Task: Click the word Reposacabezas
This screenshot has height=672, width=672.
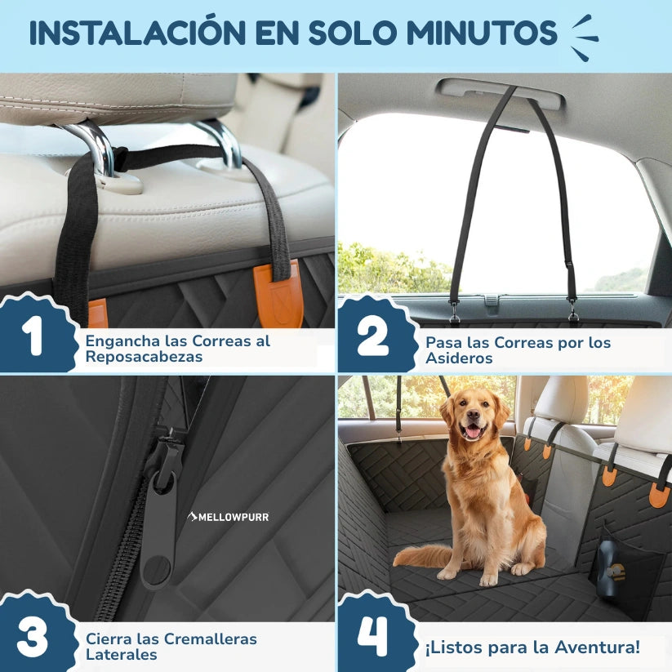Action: pyautogui.click(x=144, y=357)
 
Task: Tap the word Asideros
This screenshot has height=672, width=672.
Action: pyautogui.click(x=460, y=358)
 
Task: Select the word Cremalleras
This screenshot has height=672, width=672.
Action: pyautogui.click(x=204, y=639)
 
